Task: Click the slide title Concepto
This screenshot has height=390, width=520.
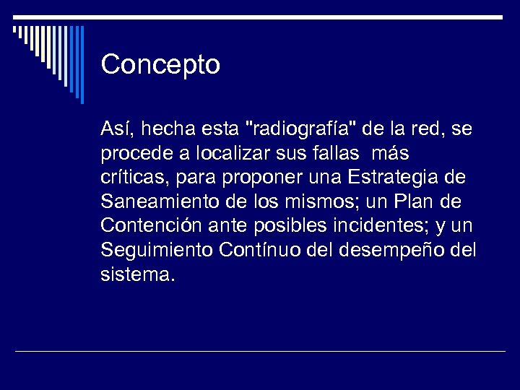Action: tap(160, 65)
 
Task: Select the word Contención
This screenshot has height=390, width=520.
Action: tap(149, 226)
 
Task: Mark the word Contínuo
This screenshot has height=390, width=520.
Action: tap(255, 251)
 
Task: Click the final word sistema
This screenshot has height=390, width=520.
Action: tap(137, 275)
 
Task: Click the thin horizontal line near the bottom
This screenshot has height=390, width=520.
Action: tap(260, 352)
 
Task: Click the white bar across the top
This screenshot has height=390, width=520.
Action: tap(260, 16)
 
